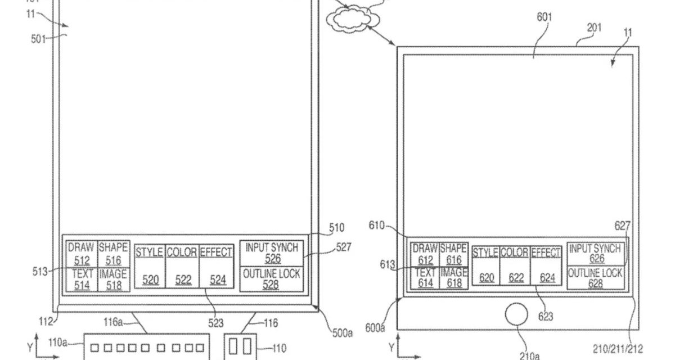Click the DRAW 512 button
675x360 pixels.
coord(81,254)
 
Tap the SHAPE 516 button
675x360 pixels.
coord(113,254)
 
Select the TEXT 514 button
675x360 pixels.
coord(81,279)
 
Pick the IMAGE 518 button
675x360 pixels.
coord(113,279)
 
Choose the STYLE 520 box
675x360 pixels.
coord(149,266)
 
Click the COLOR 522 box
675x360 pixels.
coord(182,266)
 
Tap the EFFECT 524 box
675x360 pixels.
coord(216,266)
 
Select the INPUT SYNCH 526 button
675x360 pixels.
coord(272,253)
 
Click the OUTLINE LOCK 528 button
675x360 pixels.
coord(272,279)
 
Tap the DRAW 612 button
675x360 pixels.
coord(425,254)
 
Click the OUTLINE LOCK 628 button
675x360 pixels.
coord(595,278)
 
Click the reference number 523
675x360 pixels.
coord(215,323)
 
